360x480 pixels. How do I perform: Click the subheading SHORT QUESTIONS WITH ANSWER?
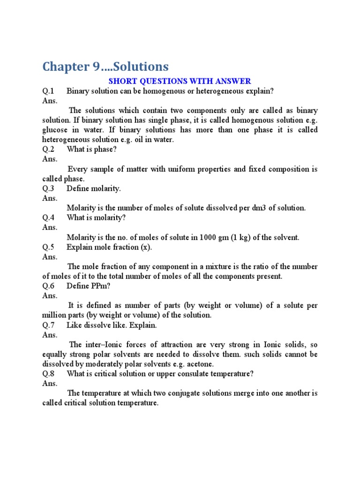tap(180, 81)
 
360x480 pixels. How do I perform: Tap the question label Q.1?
tap(49, 90)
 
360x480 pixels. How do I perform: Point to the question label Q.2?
tap(49, 150)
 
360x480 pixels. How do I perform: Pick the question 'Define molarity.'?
tap(94, 188)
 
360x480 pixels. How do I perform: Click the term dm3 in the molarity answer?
tap(261, 208)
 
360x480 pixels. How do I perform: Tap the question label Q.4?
tap(49, 217)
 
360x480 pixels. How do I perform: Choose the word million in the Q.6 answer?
tap(54, 315)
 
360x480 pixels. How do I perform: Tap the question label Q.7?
tap(49, 325)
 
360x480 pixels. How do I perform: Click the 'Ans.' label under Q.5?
tap(50, 257)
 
